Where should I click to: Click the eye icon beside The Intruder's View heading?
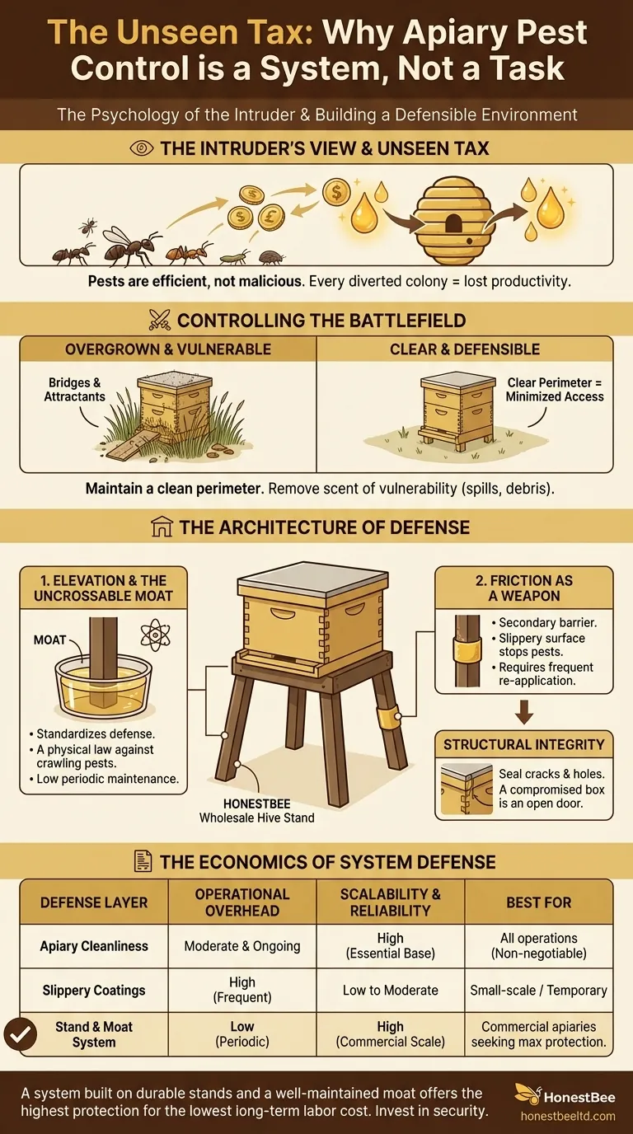[x=142, y=148]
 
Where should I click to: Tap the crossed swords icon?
[x=160, y=320]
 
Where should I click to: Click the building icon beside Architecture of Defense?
[x=162, y=527]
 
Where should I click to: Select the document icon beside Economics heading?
[x=143, y=861]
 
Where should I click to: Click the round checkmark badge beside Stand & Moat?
[x=21, y=1034]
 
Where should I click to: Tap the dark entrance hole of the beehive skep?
[x=453, y=223]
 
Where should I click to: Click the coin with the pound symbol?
[x=271, y=218]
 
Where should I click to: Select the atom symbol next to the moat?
[x=156, y=635]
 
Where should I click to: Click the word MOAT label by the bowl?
[x=49, y=640]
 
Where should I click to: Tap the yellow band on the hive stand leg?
[x=387, y=715]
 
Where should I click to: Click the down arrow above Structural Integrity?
[x=524, y=712]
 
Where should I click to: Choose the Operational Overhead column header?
[x=242, y=902]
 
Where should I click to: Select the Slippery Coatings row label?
[x=94, y=990]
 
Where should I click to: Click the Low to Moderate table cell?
[x=391, y=990]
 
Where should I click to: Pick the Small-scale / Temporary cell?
[x=539, y=990]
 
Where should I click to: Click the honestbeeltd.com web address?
[x=568, y=1116]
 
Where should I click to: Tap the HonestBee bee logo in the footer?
[x=527, y=1094]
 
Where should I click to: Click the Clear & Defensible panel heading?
[x=464, y=349]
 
